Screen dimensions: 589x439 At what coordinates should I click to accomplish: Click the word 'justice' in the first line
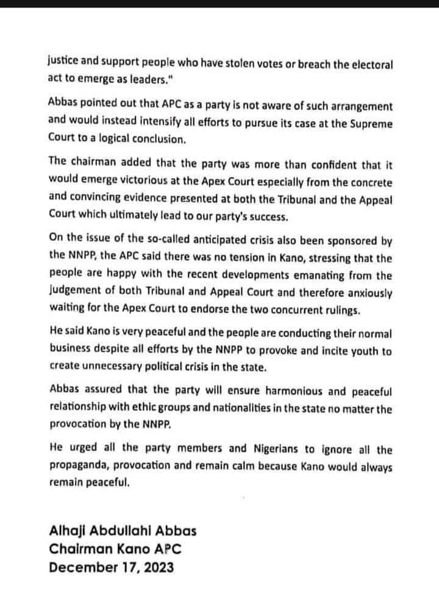point(64,62)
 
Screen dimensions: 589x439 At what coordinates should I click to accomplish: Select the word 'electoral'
point(371,62)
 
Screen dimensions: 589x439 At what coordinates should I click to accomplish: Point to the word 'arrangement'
point(357,107)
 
